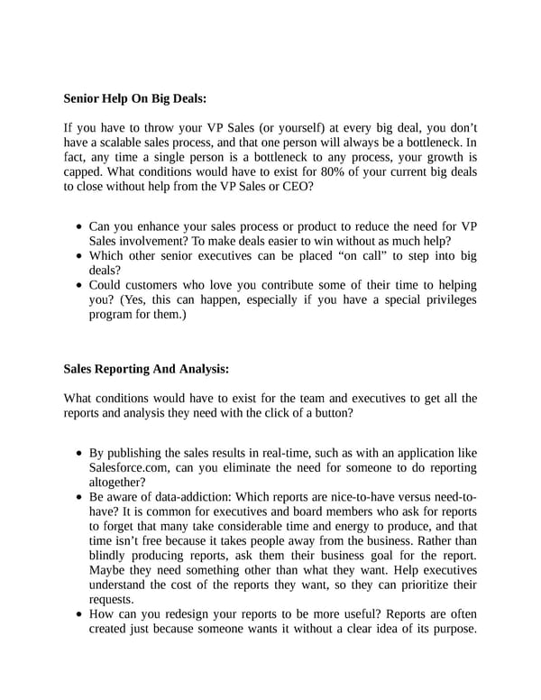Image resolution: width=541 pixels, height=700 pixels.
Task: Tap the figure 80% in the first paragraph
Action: click(x=347, y=172)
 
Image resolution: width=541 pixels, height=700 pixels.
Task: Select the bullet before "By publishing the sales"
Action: click(x=80, y=453)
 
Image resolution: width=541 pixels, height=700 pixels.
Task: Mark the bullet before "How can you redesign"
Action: click(x=80, y=615)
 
